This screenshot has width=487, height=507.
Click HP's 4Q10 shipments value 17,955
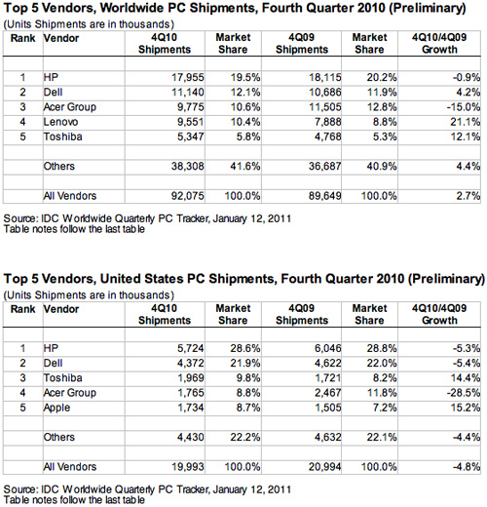[x=188, y=77]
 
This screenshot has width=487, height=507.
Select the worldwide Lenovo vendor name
[x=60, y=122]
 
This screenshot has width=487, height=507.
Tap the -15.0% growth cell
[x=464, y=107]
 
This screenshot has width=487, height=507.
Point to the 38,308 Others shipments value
[x=188, y=166]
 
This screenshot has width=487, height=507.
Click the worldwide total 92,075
[x=188, y=196]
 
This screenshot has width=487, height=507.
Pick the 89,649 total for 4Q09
[x=324, y=196]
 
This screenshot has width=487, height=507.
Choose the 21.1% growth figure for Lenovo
[x=465, y=122]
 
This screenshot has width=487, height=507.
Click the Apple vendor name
[x=56, y=408]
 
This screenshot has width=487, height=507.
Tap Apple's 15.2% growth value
[x=465, y=408]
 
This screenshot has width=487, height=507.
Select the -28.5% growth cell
[x=464, y=393]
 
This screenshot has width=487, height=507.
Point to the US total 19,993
[x=188, y=467]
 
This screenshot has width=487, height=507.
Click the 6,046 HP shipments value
[x=327, y=348]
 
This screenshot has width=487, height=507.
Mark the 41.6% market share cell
[x=245, y=166]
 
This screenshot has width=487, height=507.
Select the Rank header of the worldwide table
[x=22, y=38]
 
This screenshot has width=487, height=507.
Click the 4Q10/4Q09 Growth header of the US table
[x=439, y=314]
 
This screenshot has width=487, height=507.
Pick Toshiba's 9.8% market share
[x=248, y=378]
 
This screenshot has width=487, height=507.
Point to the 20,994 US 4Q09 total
[x=324, y=467]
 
